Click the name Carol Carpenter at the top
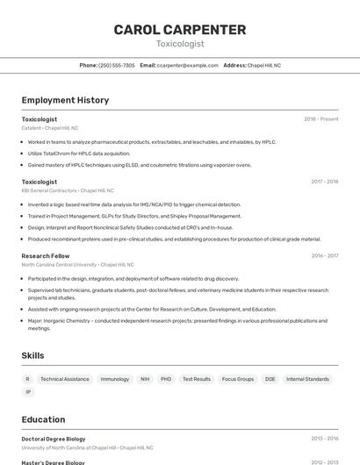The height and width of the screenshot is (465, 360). click(x=180, y=30)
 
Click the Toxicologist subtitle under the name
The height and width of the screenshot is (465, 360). click(x=180, y=44)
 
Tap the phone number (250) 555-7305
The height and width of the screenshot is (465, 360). click(x=117, y=65)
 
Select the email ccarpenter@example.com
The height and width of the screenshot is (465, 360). click(x=187, y=65)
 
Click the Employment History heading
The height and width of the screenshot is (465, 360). click(x=65, y=100)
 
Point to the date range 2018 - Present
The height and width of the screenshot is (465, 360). click(x=320, y=119)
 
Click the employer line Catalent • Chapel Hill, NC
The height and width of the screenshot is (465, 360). click(x=50, y=128)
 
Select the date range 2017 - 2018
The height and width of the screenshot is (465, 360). click(x=324, y=182)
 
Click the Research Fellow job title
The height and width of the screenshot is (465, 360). click(x=46, y=256)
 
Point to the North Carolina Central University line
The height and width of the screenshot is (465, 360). click(x=77, y=264)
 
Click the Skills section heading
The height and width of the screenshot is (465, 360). click(x=33, y=355)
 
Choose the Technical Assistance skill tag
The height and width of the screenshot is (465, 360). click(x=65, y=379)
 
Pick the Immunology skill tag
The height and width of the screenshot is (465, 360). click(x=115, y=379)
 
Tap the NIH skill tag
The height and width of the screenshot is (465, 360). click(x=145, y=379)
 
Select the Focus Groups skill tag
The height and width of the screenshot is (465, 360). click(x=238, y=379)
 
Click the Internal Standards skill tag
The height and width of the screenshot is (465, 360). click(x=307, y=379)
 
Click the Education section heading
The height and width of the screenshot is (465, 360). click(x=43, y=419)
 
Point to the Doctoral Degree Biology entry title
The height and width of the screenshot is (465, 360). click(x=54, y=439)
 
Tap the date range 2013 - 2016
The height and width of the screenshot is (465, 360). click(x=324, y=439)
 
